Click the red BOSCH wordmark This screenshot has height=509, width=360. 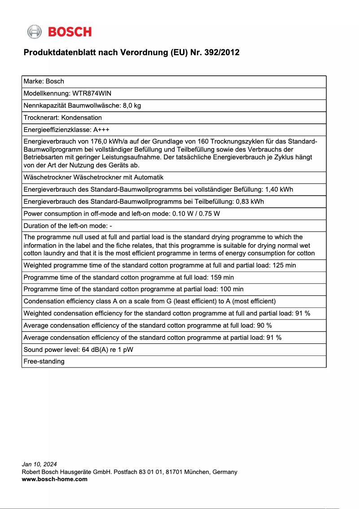click(70, 32)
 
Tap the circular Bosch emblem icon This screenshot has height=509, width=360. click(35, 32)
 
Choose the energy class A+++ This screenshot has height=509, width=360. click(101, 130)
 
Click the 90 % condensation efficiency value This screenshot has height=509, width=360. click(264, 325)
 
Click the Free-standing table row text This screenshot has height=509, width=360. click(44, 361)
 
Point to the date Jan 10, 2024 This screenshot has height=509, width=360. click(40, 465)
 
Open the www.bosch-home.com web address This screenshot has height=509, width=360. click(55, 479)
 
